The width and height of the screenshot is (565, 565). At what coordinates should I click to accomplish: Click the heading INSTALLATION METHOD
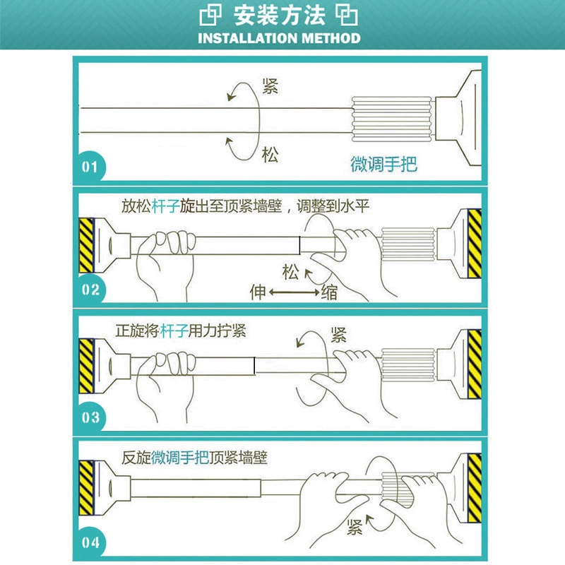click(279, 38)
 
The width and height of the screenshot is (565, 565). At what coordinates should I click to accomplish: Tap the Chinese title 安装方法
click(279, 16)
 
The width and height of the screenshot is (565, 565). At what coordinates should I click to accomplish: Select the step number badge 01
click(90, 167)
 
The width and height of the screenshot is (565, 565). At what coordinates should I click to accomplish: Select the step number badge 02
click(90, 290)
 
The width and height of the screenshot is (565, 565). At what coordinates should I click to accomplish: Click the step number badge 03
click(90, 417)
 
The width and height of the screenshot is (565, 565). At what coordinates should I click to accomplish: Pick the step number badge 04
click(90, 542)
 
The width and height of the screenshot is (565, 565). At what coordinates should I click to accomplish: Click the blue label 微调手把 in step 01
click(383, 165)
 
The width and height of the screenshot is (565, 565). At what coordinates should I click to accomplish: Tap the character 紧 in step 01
click(270, 86)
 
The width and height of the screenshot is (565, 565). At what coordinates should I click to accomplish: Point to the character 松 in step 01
click(270, 155)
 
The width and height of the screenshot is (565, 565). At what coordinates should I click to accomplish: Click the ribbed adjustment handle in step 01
click(392, 119)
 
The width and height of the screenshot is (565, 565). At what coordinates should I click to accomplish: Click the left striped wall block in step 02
click(86, 245)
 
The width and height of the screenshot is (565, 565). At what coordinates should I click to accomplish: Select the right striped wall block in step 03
click(475, 364)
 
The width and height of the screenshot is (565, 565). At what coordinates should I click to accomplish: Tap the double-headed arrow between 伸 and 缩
click(294, 292)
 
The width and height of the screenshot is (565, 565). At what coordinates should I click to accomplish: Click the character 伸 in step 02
click(258, 292)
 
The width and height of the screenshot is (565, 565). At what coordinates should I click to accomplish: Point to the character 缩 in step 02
click(329, 292)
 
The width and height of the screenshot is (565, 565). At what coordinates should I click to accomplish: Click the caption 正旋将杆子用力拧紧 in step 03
click(181, 331)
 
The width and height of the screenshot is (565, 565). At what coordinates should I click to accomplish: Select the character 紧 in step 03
click(339, 335)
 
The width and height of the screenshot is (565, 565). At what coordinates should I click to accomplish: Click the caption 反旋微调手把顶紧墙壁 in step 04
click(194, 458)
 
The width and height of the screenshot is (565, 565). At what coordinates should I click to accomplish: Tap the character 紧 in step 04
click(355, 527)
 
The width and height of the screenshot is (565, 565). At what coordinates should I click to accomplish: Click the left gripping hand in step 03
click(167, 382)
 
